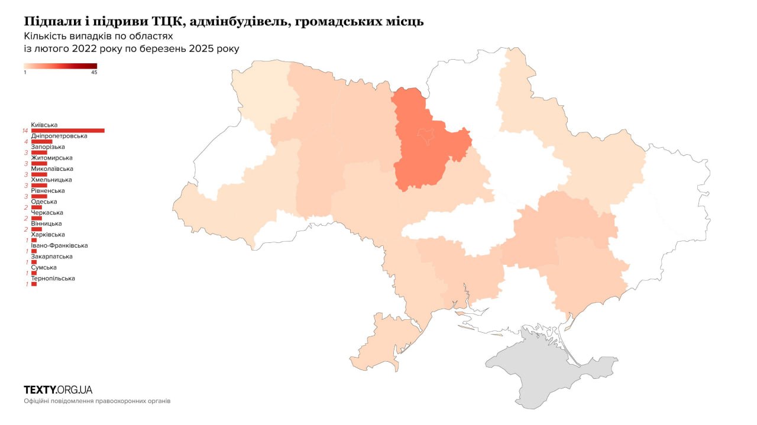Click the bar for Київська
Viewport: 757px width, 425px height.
67,131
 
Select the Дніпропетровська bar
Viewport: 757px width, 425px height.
41,142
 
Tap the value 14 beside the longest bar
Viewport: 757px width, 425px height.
25,131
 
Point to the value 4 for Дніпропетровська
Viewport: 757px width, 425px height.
26,142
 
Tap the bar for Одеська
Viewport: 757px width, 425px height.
36,207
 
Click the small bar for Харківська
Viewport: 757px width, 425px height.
34,240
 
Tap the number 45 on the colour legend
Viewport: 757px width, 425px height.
94,73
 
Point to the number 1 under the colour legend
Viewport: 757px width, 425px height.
25,73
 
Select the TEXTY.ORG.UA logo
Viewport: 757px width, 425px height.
58,390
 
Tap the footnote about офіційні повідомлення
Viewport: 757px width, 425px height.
97,401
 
